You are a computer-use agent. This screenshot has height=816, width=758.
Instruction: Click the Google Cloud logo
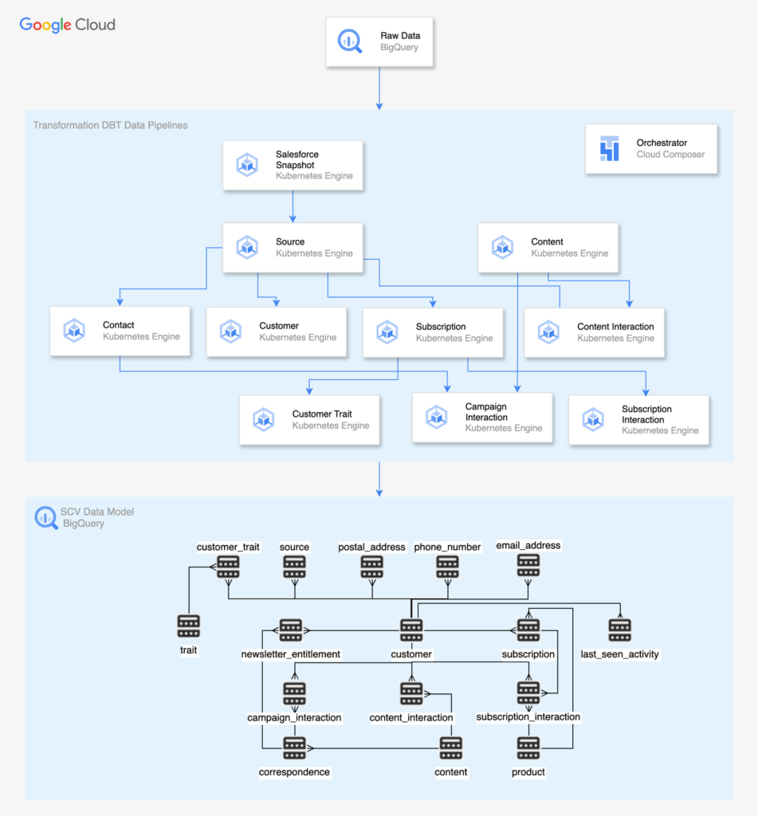pyautogui.click(x=68, y=25)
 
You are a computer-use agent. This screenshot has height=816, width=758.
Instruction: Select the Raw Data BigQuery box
pyautogui.click(x=380, y=41)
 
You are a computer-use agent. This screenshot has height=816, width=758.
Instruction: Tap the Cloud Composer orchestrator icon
pyautogui.click(x=610, y=149)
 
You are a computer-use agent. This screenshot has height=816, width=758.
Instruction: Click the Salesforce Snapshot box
pyautogui.click(x=293, y=166)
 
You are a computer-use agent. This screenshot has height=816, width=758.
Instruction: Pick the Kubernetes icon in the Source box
pyautogui.click(x=247, y=247)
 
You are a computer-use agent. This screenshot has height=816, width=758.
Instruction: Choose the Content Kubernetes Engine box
pyautogui.click(x=548, y=247)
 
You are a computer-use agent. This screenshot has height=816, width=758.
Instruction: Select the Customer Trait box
pyautogui.click(x=308, y=419)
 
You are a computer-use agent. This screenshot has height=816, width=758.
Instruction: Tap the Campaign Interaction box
pyautogui.click(x=481, y=418)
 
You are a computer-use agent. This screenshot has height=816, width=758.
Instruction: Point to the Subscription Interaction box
pyautogui.click(x=638, y=419)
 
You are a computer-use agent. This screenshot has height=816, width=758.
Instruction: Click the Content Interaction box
pyautogui.click(x=594, y=332)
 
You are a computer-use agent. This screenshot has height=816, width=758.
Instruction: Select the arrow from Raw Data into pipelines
pyautogui.click(x=380, y=88)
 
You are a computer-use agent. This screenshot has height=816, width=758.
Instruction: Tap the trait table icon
pyautogui.click(x=189, y=626)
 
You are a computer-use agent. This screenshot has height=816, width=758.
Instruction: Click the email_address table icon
pyautogui.click(x=528, y=565)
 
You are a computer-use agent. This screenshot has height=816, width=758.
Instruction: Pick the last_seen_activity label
pyautogui.click(x=620, y=654)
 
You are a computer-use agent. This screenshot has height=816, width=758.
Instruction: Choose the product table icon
pyautogui.click(x=528, y=748)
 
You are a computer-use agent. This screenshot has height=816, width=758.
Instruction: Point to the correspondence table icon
pyautogui.click(x=294, y=748)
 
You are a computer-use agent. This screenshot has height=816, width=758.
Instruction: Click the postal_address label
pyautogui.click(x=371, y=547)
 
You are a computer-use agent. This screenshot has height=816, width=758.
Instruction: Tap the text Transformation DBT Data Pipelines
pyautogui.click(x=110, y=125)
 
